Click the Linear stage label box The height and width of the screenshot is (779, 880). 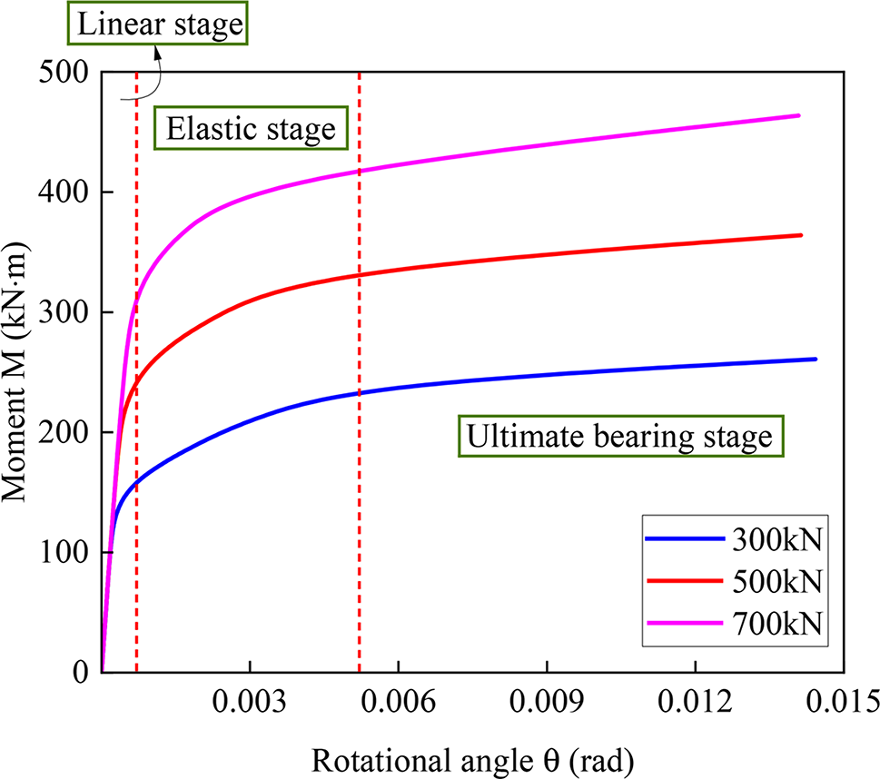click(x=160, y=25)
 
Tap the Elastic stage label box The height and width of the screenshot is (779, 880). click(x=250, y=129)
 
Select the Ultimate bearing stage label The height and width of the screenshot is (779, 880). click(x=619, y=437)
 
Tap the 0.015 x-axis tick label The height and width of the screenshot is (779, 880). click(x=844, y=700)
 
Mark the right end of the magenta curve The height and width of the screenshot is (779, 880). click(x=798, y=115)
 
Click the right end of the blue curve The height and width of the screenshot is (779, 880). click(x=816, y=359)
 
